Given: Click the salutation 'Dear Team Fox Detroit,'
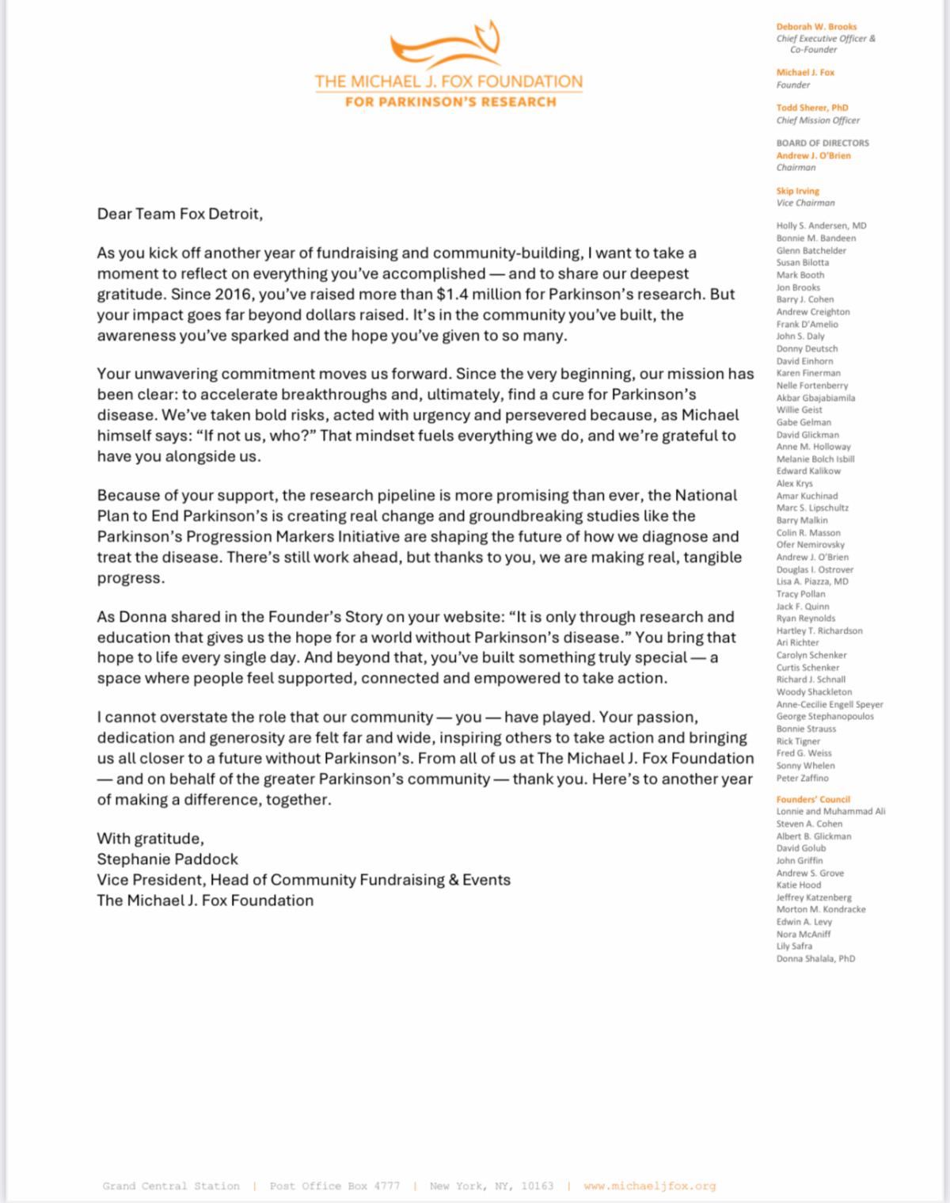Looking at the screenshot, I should click(x=180, y=214).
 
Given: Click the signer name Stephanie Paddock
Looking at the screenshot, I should click(x=167, y=858).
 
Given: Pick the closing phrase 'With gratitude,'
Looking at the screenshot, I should click(x=150, y=838).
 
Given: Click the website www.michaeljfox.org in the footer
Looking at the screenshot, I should click(x=649, y=1186).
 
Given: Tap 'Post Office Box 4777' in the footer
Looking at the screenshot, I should click(x=334, y=1186).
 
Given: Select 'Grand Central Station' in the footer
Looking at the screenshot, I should click(x=171, y=1186).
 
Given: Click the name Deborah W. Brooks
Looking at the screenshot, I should click(x=816, y=27).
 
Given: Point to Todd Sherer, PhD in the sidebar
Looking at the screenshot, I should click(x=812, y=108).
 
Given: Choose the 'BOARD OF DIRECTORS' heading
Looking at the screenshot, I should click(x=823, y=143).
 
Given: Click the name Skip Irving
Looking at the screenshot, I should click(x=798, y=191).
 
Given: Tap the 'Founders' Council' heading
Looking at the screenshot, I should click(x=813, y=799).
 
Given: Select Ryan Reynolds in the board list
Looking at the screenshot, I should click(x=806, y=619).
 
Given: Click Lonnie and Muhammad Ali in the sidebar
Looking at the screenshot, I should click(x=830, y=811).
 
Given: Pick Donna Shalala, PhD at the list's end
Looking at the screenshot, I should click(x=815, y=958).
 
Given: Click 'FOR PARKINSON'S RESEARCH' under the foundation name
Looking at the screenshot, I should click(x=450, y=101).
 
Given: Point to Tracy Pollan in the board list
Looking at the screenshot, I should click(x=801, y=594).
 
